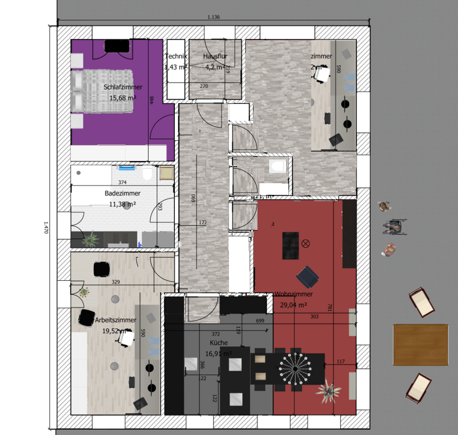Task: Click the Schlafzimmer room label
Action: pyautogui.click(x=123, y=87)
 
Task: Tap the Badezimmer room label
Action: pyautogui.click(x=122, y=193)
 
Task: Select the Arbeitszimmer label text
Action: pyautogui.click(x=115, y=320)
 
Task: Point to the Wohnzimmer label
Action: pyautogui.click(x=293, y=294)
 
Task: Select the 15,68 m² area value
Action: pyautogui.click(x=123, y=98)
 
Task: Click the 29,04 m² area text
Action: pyautogui.click(x=293, y=305)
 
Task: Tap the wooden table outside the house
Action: pyautogui.click(x=420, y=345)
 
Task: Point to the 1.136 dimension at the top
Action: pyautogui.click(x=214, y=17)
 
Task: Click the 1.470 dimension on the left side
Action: pyautogui.click(x=46, y=227)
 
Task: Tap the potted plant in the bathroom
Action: pyautogui.click(x=90, y=238)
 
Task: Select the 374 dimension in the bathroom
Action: pyautogui.click(x=122, y=183)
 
